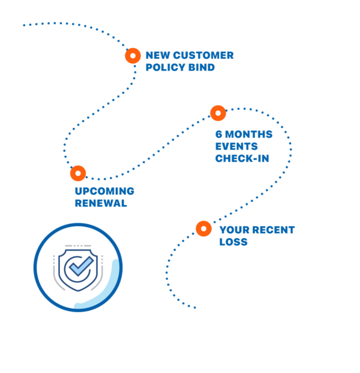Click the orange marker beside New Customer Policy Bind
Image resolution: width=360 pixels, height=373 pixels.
tap(133, 55)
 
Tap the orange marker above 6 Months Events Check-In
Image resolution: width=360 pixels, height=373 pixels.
tap(218, 113)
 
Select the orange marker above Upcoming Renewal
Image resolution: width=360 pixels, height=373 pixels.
tap(78, 173)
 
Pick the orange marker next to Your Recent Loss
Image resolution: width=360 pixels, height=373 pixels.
tap(203, 228)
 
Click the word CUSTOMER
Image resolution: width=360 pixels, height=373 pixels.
tap(203, 55)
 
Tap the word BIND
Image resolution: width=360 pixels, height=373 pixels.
tap(202, 68)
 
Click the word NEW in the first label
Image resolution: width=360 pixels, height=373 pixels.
tap(157, 55)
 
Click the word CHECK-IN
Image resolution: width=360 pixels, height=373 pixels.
tap(242, 159)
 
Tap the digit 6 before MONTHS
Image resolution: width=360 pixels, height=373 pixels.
tap(219, 135)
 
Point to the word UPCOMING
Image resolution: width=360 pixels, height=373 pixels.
tap(104, 191)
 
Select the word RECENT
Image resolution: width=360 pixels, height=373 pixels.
tap(274, 229)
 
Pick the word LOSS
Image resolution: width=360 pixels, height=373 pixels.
tap(233, 242)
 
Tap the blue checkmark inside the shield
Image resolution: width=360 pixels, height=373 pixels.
tap(79, 268)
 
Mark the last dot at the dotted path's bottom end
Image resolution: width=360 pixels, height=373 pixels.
tap(195, 307)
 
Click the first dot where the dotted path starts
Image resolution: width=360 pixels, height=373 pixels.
tap(24, 25)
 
